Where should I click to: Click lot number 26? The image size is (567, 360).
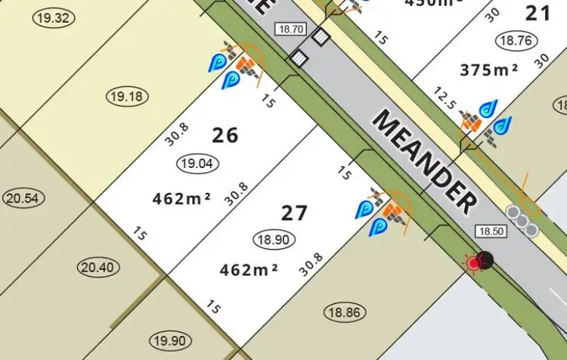click(225, 135)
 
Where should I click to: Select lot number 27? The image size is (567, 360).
click(294, 213)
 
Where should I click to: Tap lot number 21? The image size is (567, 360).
click(538, 12)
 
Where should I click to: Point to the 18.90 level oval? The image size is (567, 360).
click(274, 239)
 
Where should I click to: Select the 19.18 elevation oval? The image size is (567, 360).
click(128, 96)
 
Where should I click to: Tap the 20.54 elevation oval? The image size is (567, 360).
click(24, 198)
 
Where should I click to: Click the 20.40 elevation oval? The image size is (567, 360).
click(98, 267)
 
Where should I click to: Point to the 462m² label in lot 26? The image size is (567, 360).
click(181, 199)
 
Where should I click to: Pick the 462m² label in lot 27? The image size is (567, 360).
click(249, 268)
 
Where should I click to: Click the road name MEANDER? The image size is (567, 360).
click(426, 162)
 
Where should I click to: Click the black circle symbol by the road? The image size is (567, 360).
click(486, 259)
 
